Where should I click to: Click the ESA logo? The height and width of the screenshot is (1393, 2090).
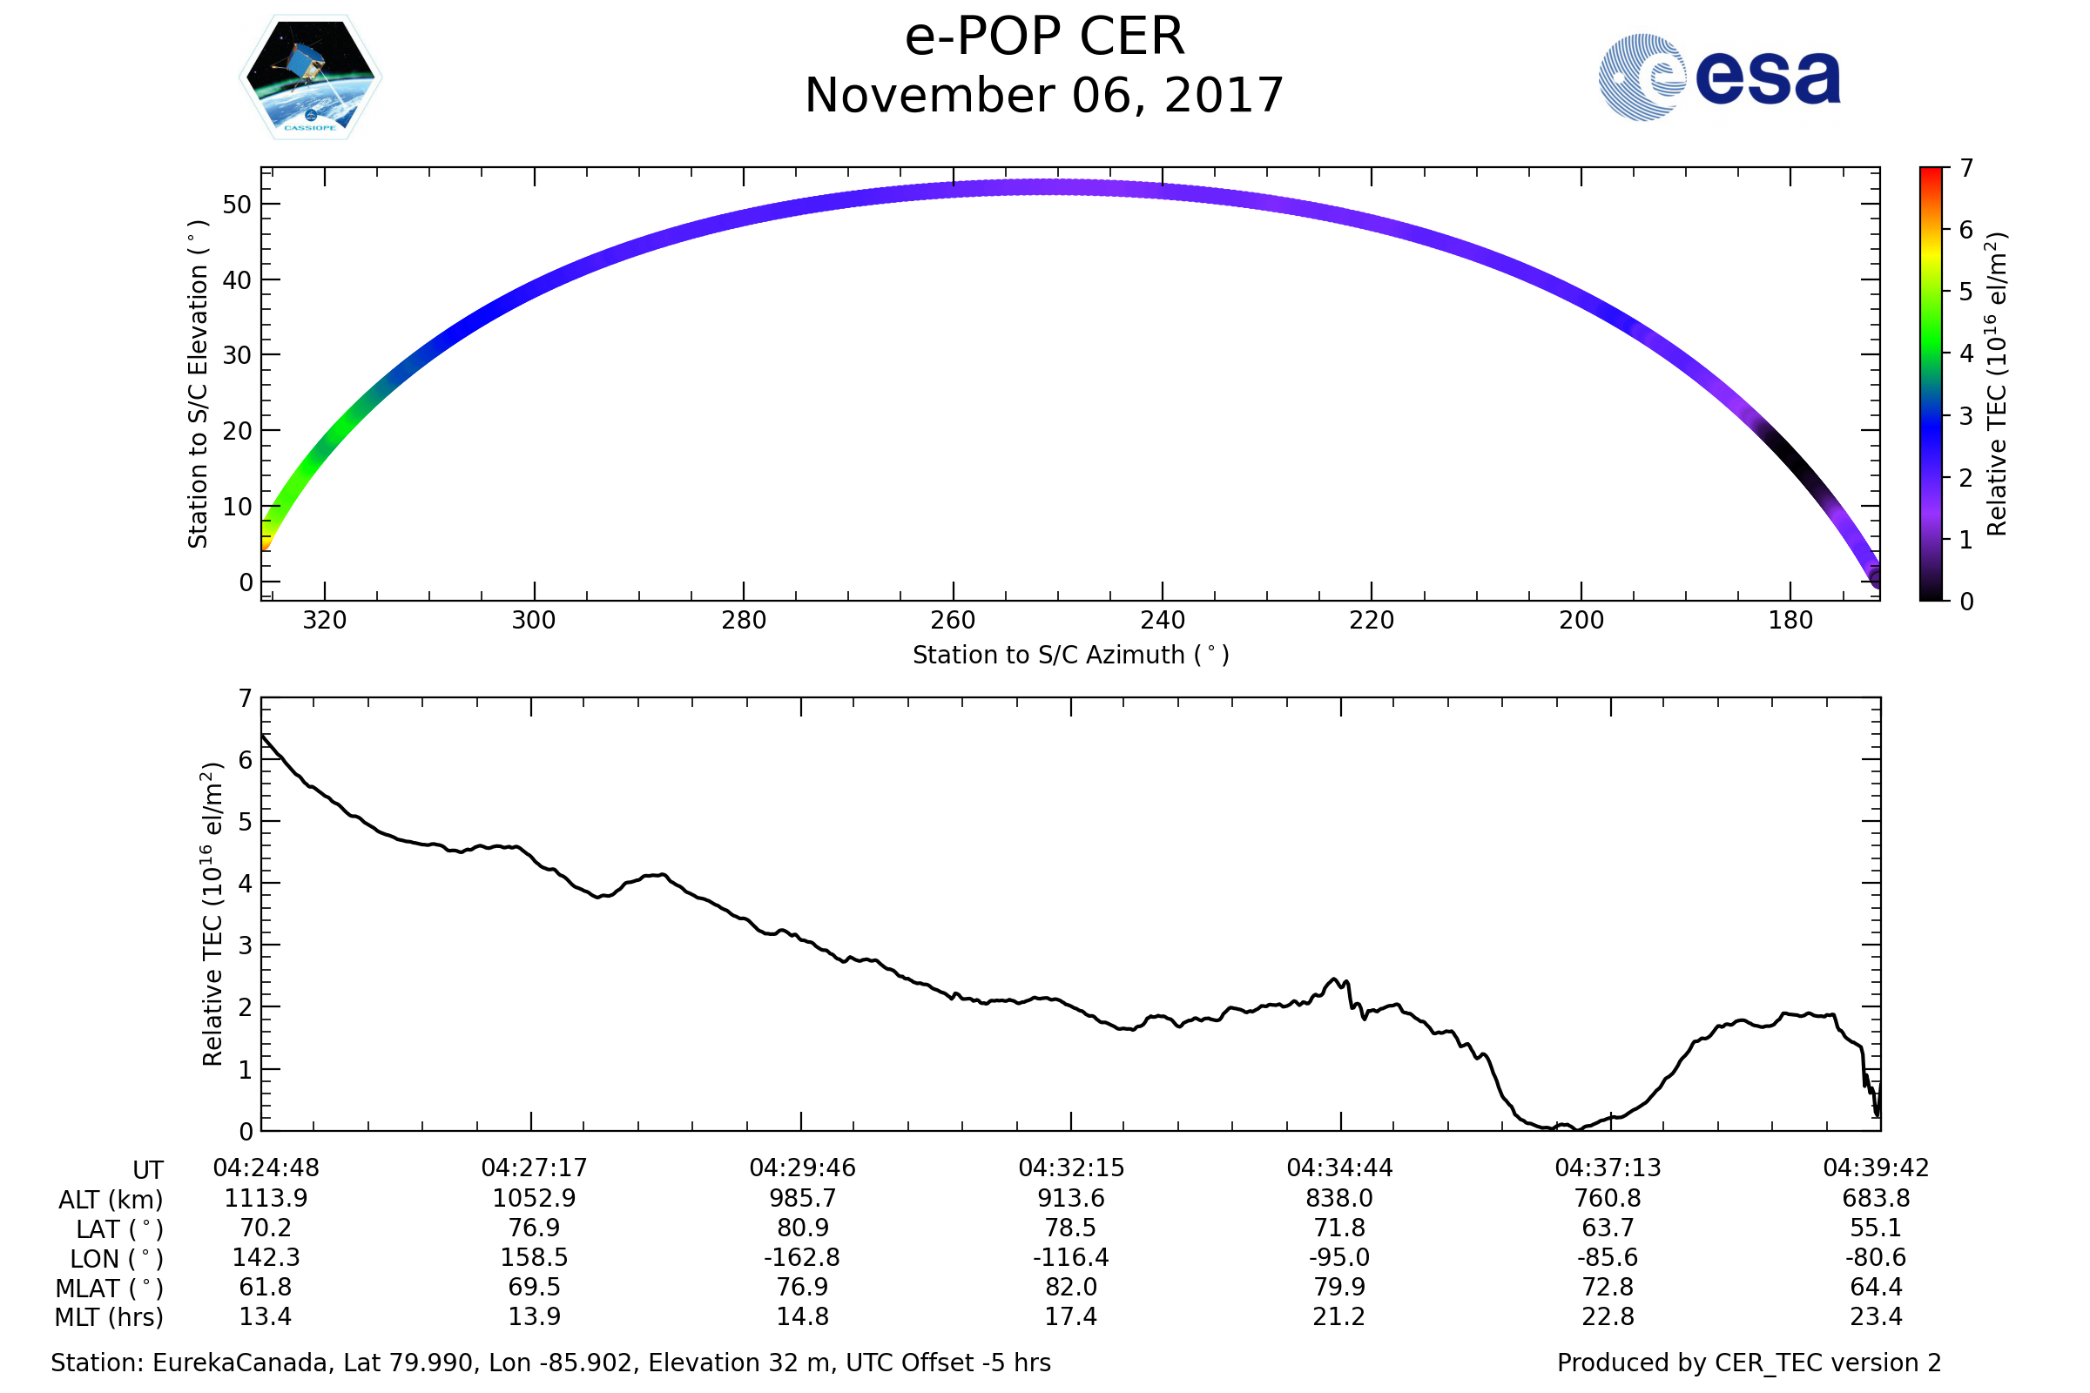pos(1718,77)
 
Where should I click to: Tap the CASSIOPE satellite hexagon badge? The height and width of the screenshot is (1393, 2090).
pos(310,77)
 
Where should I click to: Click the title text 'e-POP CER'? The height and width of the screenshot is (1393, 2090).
pos(1044,37)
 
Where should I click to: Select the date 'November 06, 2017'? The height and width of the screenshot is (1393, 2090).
pos(1044,96)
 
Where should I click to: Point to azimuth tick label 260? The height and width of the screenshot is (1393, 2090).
pos(953,621)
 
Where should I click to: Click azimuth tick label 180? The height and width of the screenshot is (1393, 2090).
pos(1790,621)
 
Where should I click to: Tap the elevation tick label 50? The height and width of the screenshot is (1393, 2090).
pos(237,205)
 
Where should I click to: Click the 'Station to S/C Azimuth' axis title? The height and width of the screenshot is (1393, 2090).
pos(1071,656)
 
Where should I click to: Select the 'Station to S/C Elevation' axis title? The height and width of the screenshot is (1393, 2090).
pos(198,384)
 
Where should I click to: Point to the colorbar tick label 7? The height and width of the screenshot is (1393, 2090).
pos(1966,168)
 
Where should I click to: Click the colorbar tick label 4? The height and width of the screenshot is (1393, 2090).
pos(1966,354)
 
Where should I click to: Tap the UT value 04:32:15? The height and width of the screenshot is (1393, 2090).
pos(1071,1168)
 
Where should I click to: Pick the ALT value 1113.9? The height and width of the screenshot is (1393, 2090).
pos(266,1199)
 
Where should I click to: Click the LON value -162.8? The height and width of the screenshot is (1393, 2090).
pos(801,1258)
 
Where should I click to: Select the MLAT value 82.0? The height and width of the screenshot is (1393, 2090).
pos(1071,1288)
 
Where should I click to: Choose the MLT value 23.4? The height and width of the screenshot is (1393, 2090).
pos(1876,1316)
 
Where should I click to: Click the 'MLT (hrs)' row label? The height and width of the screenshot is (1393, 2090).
pos(110,1317)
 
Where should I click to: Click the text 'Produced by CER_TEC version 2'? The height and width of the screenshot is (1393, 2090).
pos(1749,1363)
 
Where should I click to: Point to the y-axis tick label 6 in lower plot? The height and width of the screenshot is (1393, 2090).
pos(246,760)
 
